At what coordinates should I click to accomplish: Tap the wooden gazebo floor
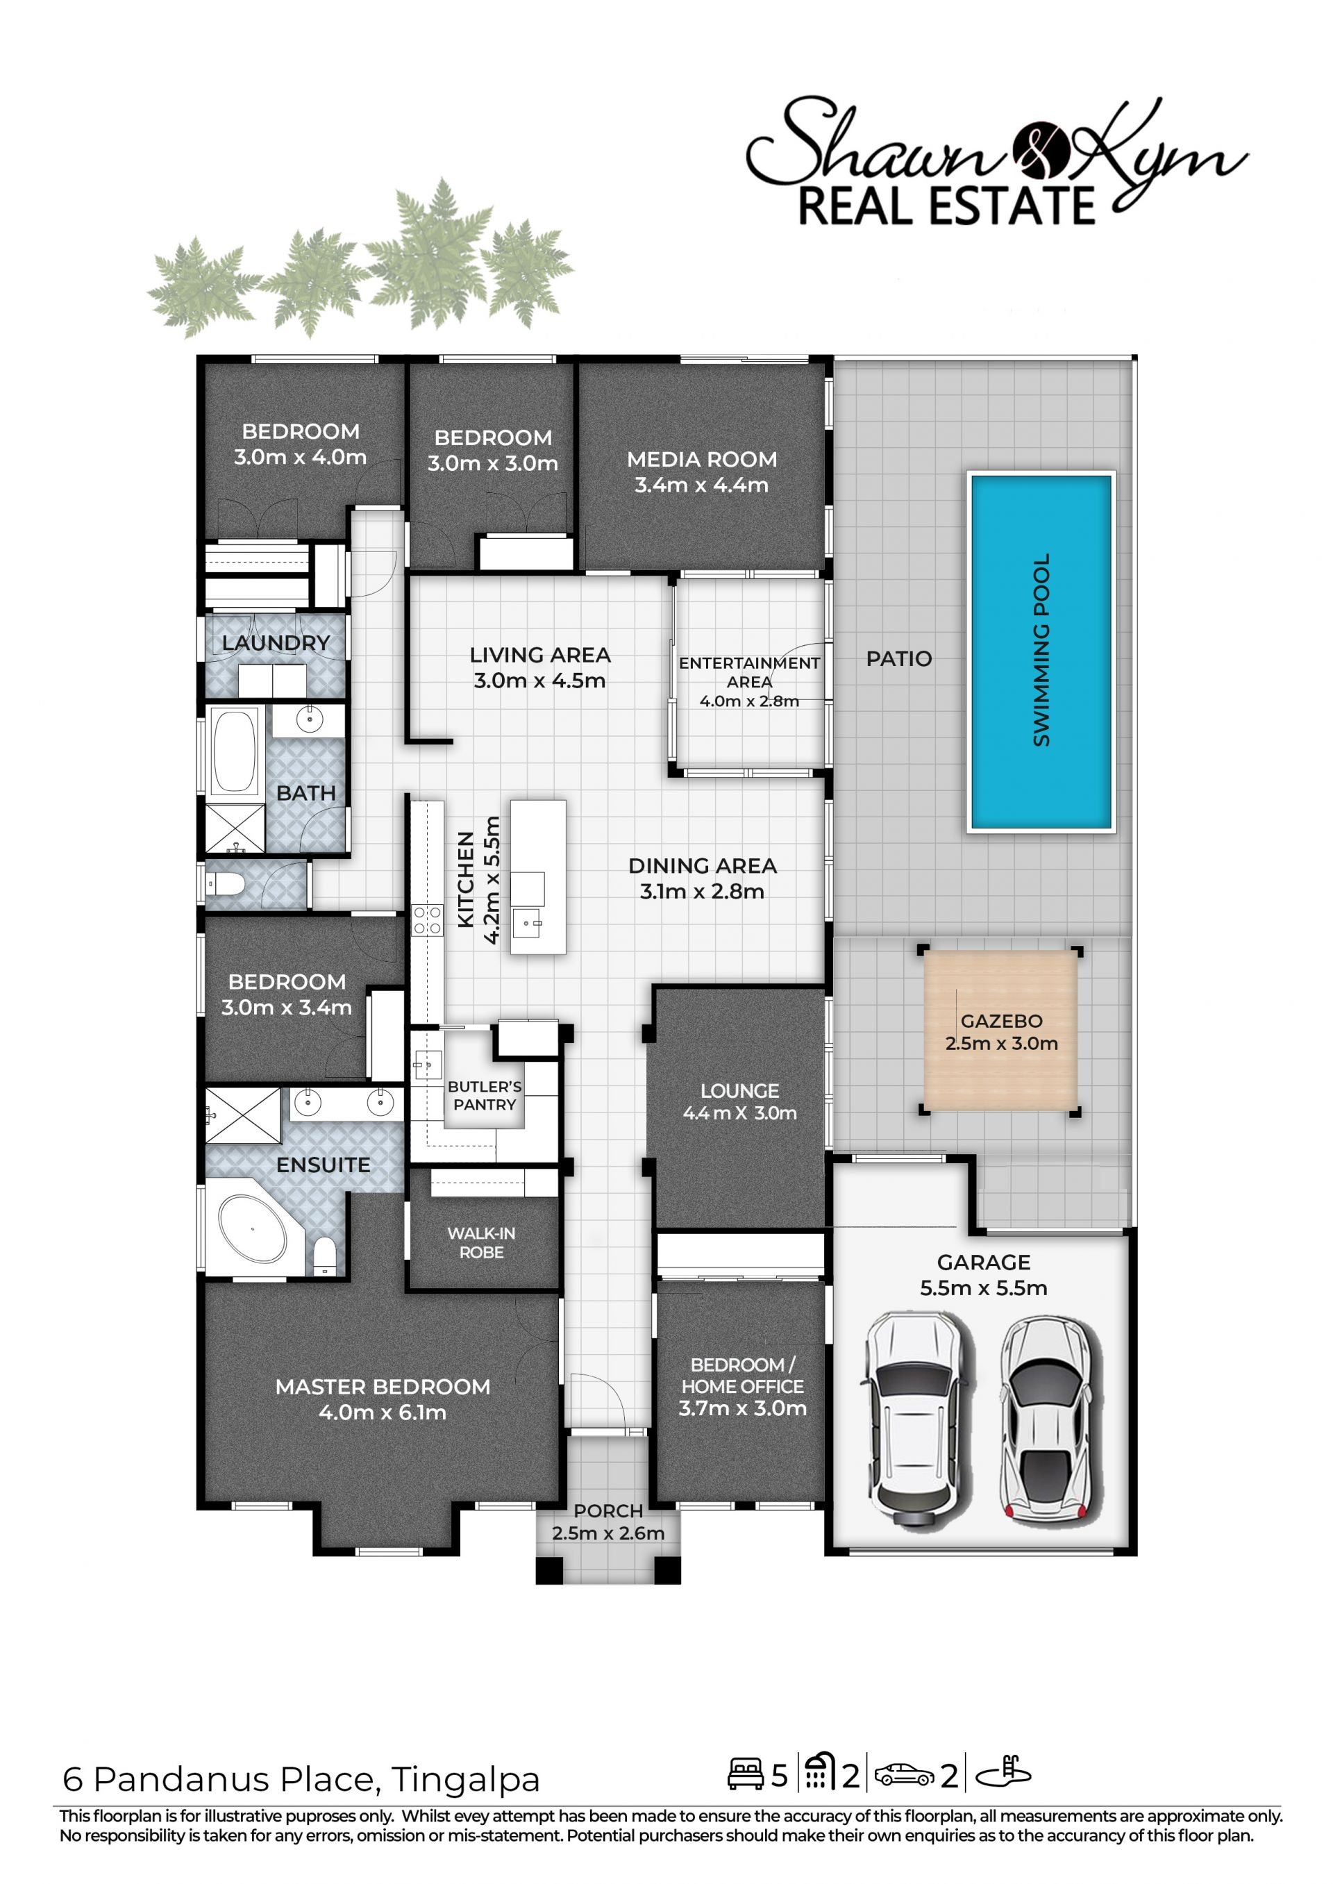(1000, 1031)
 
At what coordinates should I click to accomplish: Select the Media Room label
(702, 460)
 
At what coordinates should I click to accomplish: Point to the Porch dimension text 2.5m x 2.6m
(608, 1533)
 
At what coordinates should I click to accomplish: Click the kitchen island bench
(537, 877)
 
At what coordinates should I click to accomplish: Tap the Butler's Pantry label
(485, 1095)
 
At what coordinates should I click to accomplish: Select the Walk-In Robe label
(481, 1243)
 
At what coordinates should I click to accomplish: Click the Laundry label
(276, 643)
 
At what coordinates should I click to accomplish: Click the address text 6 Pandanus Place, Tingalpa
(301, 1780)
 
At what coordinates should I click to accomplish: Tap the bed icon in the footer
(745, 1775)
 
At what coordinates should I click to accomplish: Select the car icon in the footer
(904, 1775)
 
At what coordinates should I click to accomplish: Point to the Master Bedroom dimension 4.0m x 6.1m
(383, 1412)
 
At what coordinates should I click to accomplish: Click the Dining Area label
(703, 865)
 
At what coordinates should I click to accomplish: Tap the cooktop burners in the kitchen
(427, 919)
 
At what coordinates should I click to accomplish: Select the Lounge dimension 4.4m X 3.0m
(739, 1113)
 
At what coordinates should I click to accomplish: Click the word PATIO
(899, 658)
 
